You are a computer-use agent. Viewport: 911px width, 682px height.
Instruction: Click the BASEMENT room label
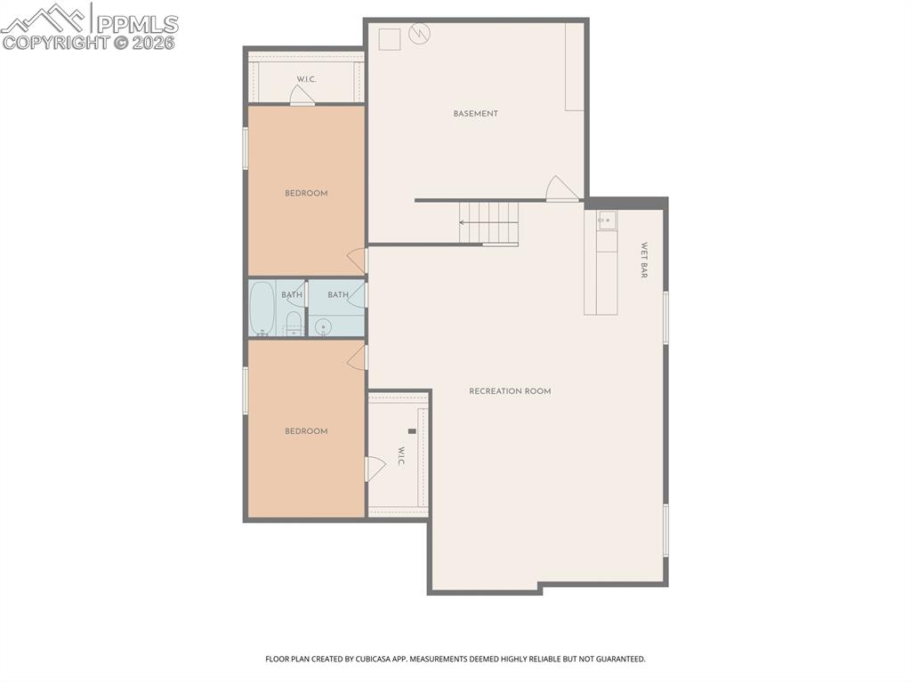[475, 114]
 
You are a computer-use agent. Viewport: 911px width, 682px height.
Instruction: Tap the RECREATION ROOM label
[510, 391]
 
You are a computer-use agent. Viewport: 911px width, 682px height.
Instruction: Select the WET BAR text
[644, 261]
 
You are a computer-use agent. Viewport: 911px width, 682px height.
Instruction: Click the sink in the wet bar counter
[606, 219]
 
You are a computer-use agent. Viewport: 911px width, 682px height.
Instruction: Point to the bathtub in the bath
[262, 308]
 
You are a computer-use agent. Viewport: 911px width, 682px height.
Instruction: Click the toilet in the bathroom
[294, 322]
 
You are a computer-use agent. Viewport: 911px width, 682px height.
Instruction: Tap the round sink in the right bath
[323, 326]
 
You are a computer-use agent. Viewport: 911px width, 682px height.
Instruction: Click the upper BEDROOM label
[306, 193]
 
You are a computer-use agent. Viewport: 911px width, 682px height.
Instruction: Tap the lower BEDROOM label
[306, 431]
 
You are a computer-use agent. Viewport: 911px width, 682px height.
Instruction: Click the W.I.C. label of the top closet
[306, 79]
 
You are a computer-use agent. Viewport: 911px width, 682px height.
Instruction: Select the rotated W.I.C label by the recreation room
[401, 456]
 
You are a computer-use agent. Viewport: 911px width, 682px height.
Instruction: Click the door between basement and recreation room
[562, 189]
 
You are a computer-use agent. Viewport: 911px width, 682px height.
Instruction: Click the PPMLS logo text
[136, 24]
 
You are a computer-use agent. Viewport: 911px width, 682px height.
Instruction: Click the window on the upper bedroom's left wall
[246, 148]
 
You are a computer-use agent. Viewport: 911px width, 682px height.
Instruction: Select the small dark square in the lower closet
[412, 431]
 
